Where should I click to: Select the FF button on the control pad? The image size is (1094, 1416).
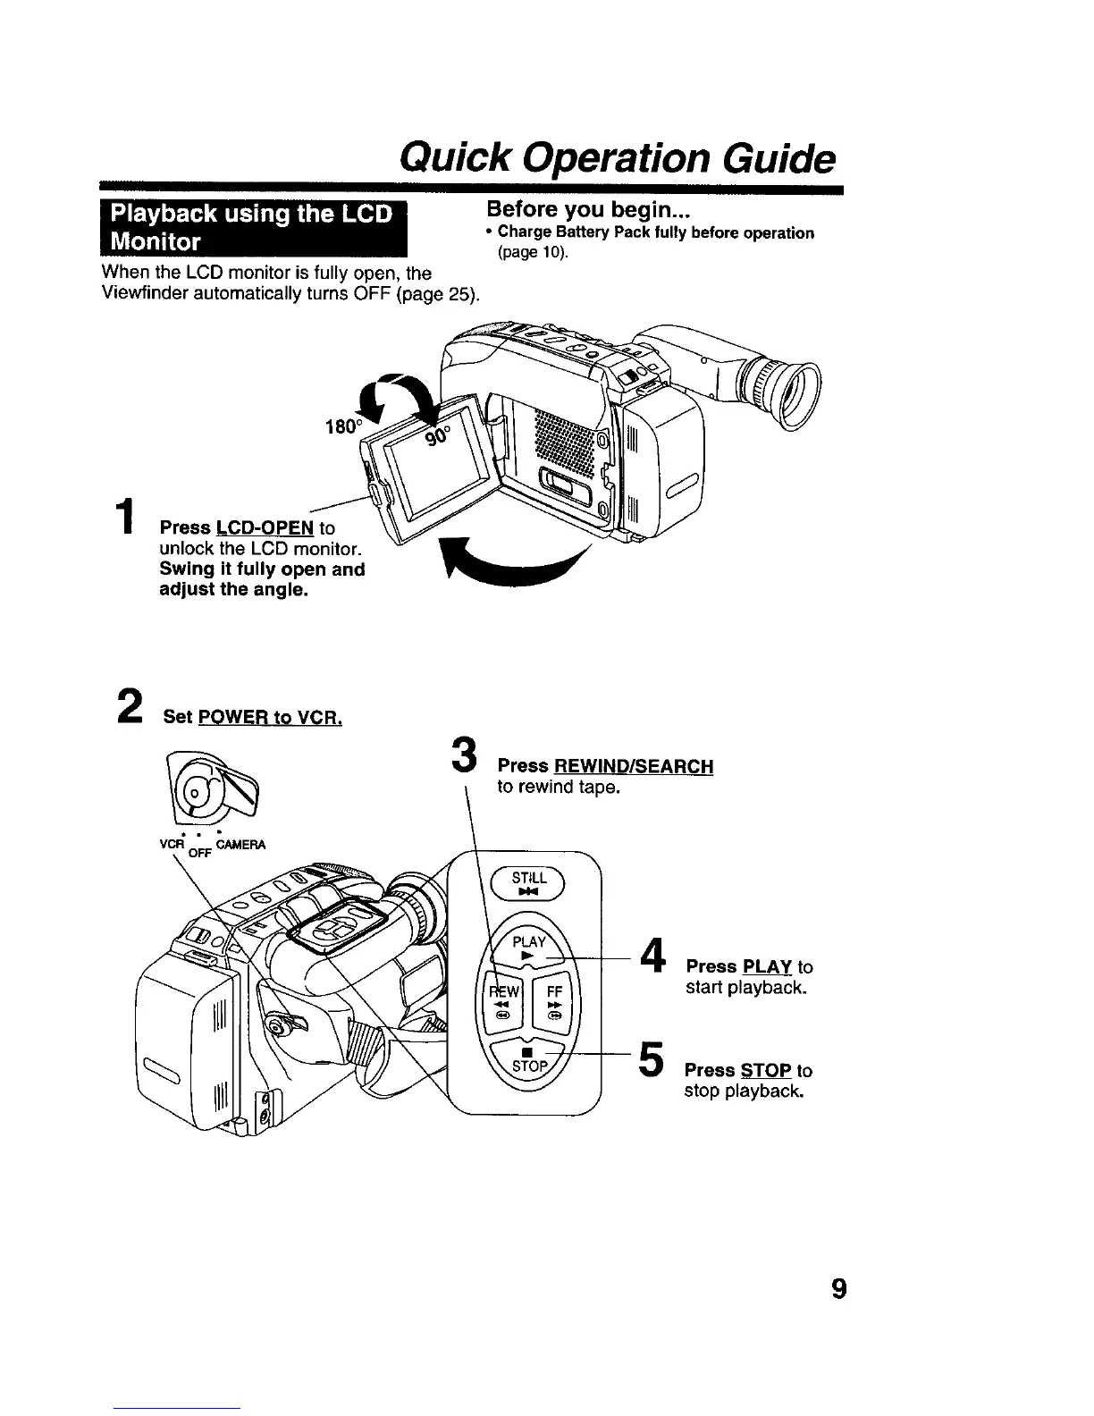point(553,1002)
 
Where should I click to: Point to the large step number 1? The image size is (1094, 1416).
point(131,525)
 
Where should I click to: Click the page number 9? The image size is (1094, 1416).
point(837,1289)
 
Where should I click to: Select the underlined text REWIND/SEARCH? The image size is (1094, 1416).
point(633,766)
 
